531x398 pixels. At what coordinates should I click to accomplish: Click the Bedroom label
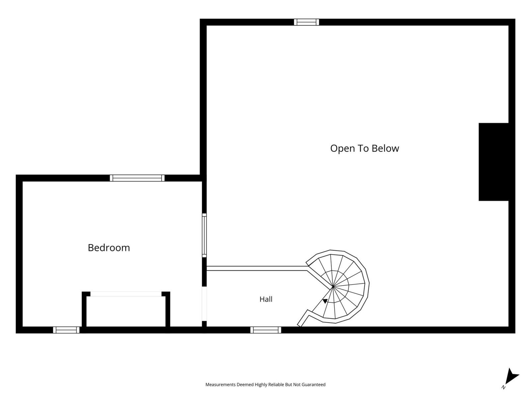[x=109, y=248]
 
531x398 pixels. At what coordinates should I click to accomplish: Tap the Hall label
[x=266, y=299]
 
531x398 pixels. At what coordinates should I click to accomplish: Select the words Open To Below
[x=364, y=148]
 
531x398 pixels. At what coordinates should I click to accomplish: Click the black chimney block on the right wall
[x=493, y=162]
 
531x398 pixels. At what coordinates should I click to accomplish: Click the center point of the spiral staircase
[x=333, y=287]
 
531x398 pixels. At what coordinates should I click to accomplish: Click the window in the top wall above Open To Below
[x=307, y=22]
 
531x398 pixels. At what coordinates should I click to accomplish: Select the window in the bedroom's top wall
[x=137, y=178]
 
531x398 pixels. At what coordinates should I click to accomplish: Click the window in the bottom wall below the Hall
[x=265, y=330]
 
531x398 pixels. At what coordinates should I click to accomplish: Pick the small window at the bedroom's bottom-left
[x=66, y=330]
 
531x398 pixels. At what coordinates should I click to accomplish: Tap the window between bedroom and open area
[x=204, y=235]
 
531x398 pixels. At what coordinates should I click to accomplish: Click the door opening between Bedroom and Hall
[x=204, y=304]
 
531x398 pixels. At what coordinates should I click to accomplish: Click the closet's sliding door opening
[x=126, y=294]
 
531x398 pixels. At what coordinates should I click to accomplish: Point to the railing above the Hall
[x=257, y=268]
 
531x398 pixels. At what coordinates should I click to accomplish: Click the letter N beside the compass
[x=504, y=387]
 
